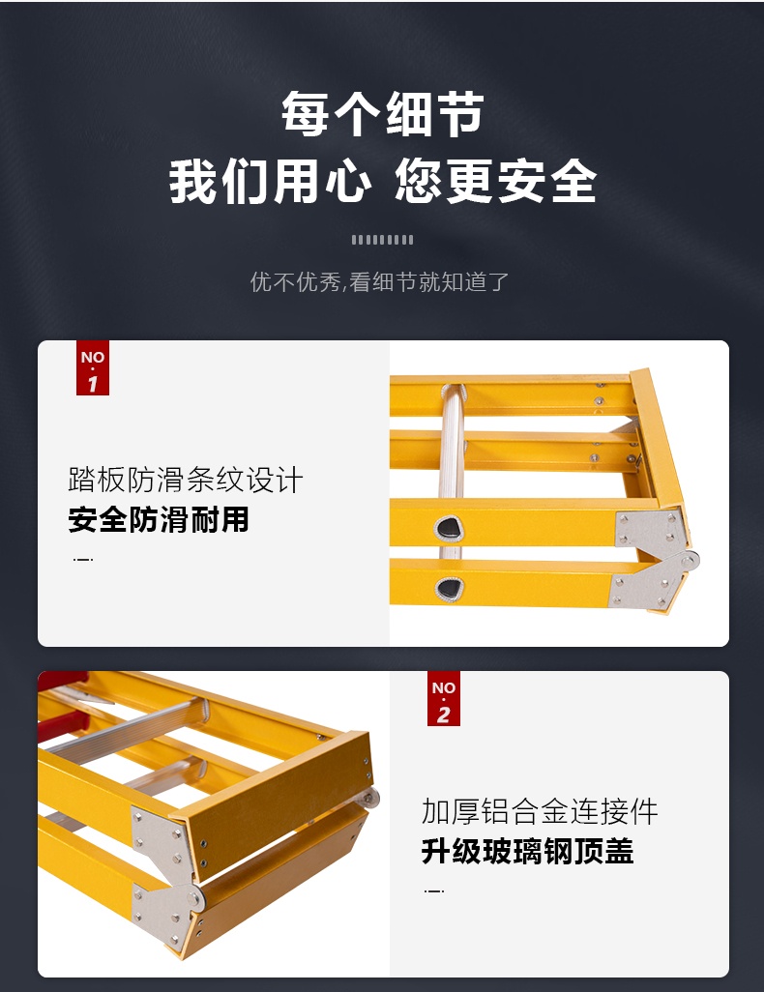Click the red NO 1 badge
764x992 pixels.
(93, 367)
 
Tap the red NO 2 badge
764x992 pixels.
(443, 698)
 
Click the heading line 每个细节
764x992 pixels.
(382, 114)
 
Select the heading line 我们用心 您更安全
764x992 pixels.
(382, 182)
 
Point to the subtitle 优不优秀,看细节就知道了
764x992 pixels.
(379, 281)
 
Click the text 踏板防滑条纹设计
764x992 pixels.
(186, 480)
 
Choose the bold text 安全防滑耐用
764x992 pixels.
(159, 519)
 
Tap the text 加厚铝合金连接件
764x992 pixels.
(540, 811)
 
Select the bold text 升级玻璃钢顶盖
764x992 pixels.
(527, 851)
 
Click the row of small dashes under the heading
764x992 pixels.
(382, 240)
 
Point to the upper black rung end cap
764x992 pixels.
(449, 529)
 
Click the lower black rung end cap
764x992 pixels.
(449, 589)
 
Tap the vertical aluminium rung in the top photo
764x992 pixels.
(452, 470)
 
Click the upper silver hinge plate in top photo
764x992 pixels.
(651, 532)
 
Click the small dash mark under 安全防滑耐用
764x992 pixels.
(83, 559)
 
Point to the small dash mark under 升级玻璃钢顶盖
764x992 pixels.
(433, 890)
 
